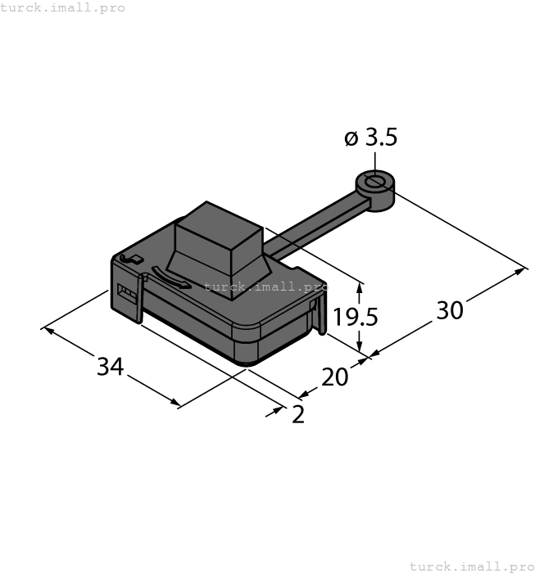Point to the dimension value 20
(334, 377)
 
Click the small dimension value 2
(298, 415)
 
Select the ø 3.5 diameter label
(371, 138)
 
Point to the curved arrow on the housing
(172, 281)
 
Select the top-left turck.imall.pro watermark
(63, 7)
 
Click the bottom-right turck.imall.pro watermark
(470, 566)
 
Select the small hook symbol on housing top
(129, 259)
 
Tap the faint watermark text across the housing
(262, 286)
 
